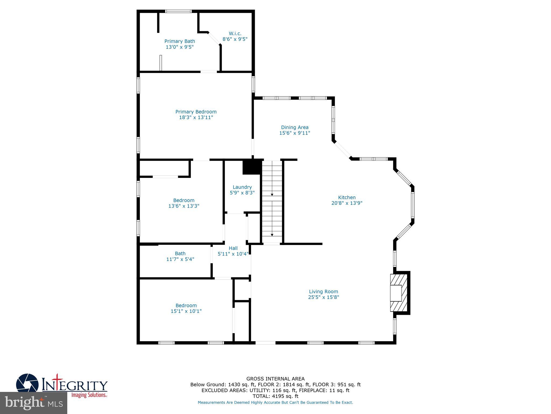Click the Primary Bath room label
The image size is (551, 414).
point(179,41)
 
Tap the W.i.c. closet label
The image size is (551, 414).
point(235,33)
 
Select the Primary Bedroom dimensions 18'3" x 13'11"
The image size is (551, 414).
point(196,118)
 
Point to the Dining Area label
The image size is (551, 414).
point(295,127)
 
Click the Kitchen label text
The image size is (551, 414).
point(347,197)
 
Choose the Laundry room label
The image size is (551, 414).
point(242,187)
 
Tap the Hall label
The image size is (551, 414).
point(233,248)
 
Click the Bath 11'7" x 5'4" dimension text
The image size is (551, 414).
point(180,259)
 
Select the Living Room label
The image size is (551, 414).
point(323,291)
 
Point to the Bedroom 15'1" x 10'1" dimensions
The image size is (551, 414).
point(186,311)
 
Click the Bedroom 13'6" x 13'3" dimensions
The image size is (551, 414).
point(184,206)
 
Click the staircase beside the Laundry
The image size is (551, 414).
point(272,202)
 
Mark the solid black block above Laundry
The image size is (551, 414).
point(252,167)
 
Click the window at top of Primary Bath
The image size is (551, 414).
point(178,11)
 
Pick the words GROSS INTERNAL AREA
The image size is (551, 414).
point(275,379)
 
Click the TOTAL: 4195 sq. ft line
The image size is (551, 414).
point(275,396)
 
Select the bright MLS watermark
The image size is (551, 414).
point(34,403)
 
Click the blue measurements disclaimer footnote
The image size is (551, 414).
point(275,402)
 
